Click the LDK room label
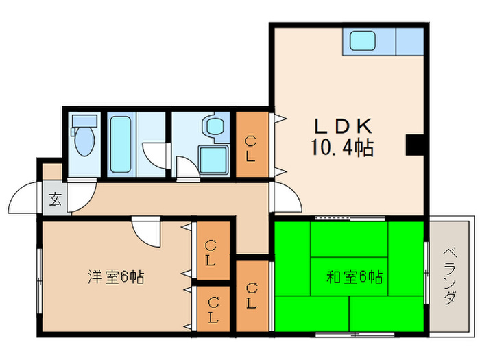[343, 126]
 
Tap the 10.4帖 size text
[343, 147]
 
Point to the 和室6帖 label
[355, 278]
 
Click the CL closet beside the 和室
[252, 295]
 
